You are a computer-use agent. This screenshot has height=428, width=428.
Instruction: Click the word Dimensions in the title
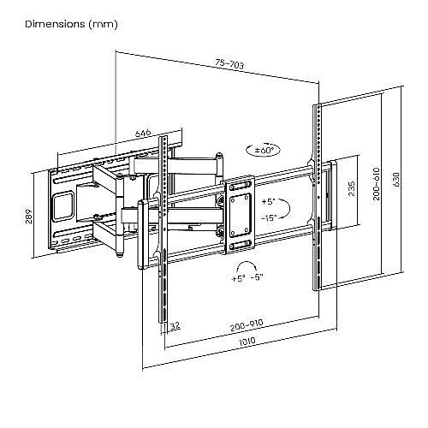coord(55,24)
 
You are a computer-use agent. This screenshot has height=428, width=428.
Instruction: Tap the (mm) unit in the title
coord(103,24)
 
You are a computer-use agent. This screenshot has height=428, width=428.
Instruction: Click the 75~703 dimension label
coord(229,64)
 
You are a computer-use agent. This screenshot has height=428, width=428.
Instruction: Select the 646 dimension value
coord(143,134)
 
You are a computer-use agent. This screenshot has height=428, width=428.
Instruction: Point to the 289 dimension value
coord(29,217)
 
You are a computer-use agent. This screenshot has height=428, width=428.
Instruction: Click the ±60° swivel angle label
coord(264,151)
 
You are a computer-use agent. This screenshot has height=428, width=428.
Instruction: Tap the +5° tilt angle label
coord(268,202)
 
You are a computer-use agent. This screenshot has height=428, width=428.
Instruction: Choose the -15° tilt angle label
coord(269,218)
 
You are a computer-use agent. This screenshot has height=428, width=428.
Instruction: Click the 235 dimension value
coord(352,188)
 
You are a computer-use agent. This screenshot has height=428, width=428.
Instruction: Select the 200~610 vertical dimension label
coord(377,184)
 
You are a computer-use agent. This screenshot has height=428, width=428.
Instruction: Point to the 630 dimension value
coord(397,180)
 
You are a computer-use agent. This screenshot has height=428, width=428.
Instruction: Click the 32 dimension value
coord(175,326)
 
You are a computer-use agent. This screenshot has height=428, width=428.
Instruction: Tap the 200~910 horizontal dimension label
coord(247,325)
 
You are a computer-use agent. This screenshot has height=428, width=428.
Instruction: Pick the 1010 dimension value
coord(247,342)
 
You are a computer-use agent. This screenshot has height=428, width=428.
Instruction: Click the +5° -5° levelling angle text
coord(247,278)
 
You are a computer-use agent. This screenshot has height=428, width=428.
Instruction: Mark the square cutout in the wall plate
coord(63,206)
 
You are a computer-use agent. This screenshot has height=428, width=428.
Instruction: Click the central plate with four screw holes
coord(240,216)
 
